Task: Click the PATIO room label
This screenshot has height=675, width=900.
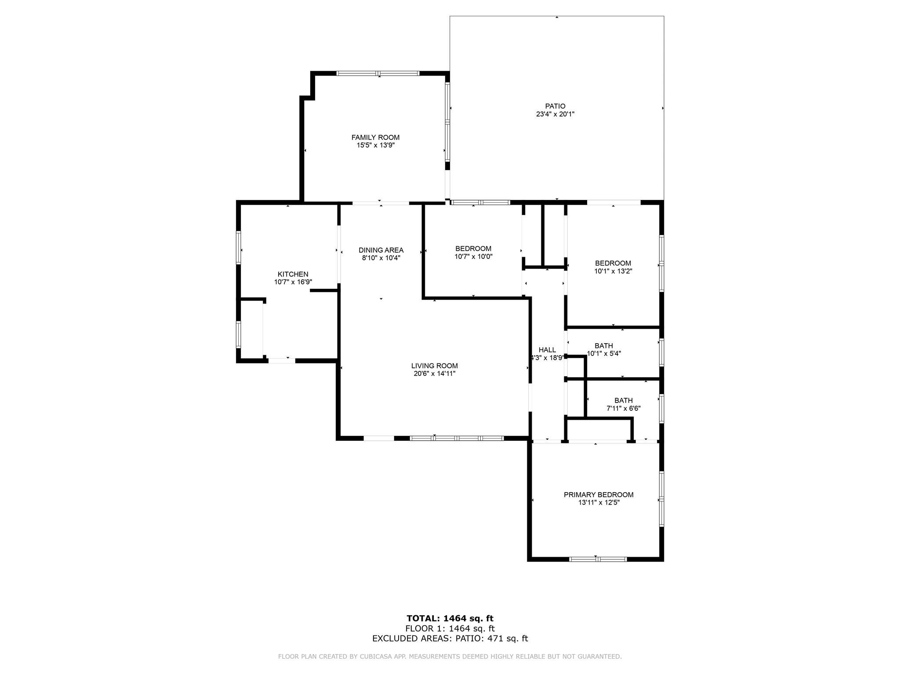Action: point(555,106)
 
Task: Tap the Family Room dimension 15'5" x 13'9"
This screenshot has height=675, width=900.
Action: point(375,145)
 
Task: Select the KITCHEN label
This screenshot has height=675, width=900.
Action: point(293,274)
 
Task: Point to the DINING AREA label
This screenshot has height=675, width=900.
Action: point(381,250)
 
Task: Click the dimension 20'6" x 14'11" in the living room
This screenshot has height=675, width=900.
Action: point(434,374)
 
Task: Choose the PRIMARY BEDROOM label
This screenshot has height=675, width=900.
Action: point(599,494)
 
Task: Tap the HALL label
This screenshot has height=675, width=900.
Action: point(547,350)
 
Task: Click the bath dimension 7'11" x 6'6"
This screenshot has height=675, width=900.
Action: point(623,408)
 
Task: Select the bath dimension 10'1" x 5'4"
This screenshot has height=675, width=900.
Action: point(604,353)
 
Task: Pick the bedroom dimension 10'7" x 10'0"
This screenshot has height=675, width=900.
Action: point(473,256)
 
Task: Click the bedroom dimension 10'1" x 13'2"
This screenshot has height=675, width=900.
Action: point(613,271)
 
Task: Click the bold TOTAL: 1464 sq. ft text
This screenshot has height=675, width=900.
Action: point(450,619)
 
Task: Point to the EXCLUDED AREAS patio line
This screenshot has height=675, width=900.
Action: point(450,639)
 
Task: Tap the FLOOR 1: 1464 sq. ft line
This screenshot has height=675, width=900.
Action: point(450,628)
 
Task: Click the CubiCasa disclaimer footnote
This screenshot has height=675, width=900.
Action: point(450,657)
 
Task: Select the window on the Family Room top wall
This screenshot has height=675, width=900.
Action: point(378,73)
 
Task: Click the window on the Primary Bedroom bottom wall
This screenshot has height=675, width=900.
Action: point(598,559)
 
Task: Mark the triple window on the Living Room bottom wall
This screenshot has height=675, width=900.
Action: point(457,438)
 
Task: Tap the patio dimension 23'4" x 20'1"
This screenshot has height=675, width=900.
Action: point(555,114)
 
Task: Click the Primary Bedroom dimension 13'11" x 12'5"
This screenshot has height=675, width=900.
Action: point(599,502)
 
